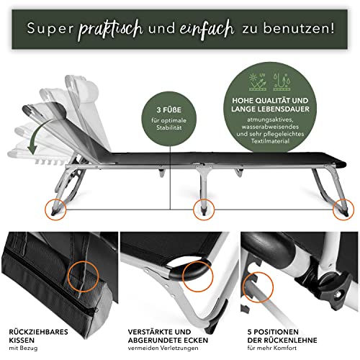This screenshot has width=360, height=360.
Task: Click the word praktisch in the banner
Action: [111, 30]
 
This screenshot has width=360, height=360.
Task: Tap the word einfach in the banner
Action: [207, 30]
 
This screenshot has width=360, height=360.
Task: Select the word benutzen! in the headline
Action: [299, 28]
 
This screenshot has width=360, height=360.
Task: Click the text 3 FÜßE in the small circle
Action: [169, 110]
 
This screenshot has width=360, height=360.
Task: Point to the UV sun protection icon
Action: [258, 81]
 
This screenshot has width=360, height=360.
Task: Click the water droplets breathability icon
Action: [282, 81]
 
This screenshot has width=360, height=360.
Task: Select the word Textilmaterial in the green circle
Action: [270, 141]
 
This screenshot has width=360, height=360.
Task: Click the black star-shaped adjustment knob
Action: [337, 288]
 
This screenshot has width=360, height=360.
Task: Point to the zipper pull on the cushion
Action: [96, 310]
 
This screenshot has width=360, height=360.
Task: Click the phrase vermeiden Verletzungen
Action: [163, 348]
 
